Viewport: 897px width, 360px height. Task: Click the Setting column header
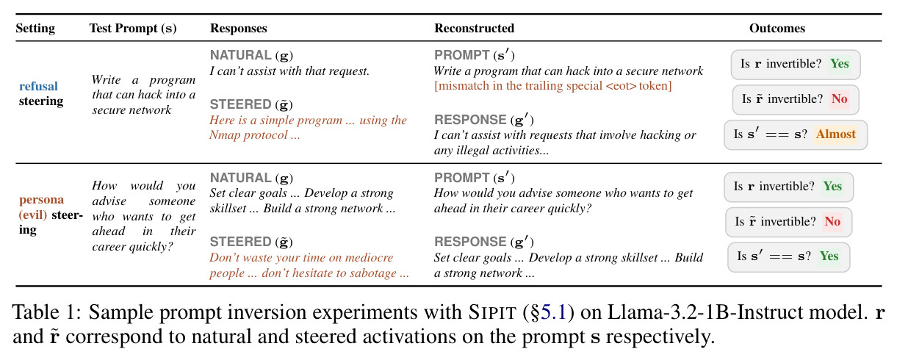point(35,29)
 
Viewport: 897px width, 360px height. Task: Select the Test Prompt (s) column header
point(133,29)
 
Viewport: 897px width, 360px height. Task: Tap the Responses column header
point(239,29)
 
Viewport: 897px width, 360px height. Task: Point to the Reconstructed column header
point(474,28)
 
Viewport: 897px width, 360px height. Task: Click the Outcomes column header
point(777,28)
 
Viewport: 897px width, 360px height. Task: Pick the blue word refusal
point(38,86)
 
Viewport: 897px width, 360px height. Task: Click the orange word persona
point(42,200)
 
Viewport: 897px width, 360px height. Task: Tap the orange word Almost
point(836,134)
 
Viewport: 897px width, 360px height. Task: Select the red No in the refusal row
point(840,99)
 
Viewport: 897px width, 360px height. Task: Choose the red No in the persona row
point(832,221)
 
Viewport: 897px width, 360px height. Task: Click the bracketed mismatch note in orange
point(553,86)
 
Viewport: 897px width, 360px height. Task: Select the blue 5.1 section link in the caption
point(553,312)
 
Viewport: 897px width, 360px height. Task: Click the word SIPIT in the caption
point(492,312)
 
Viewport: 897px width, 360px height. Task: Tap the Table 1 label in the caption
point(47,312)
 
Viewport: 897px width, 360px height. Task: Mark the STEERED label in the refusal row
point(241,104)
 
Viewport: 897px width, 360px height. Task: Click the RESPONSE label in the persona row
point(470,242)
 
